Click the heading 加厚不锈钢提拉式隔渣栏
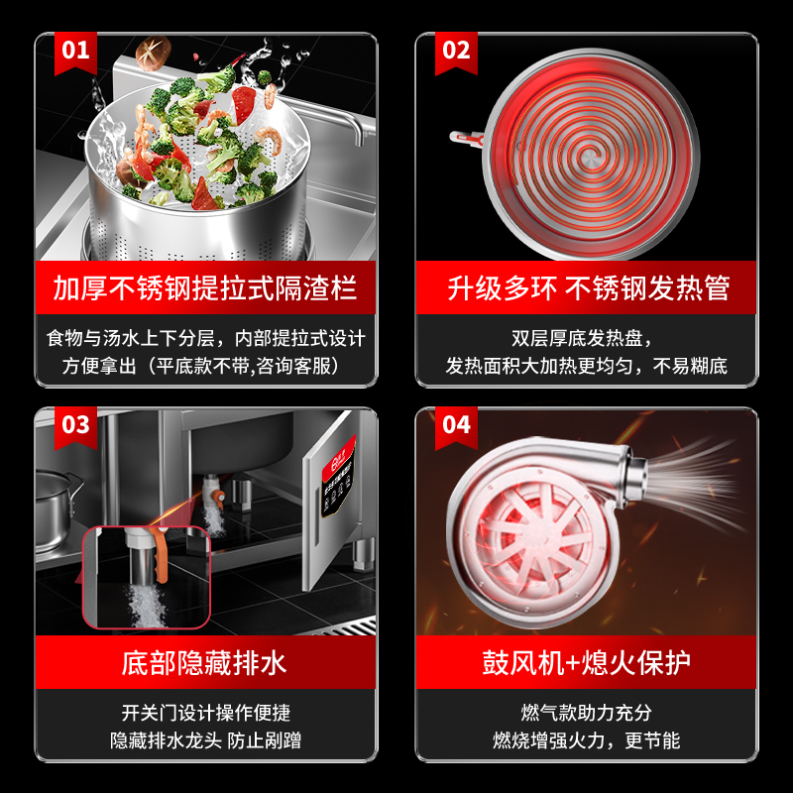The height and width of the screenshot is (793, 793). click(x=205, y=288)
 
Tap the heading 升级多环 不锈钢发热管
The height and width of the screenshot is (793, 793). click(x=588, y=288)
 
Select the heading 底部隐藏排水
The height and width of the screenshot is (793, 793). click(x=205, y=662)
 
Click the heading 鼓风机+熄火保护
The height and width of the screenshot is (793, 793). click(x=587, y=662)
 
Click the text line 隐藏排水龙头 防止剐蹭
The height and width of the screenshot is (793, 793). click(x=205, y=740)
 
